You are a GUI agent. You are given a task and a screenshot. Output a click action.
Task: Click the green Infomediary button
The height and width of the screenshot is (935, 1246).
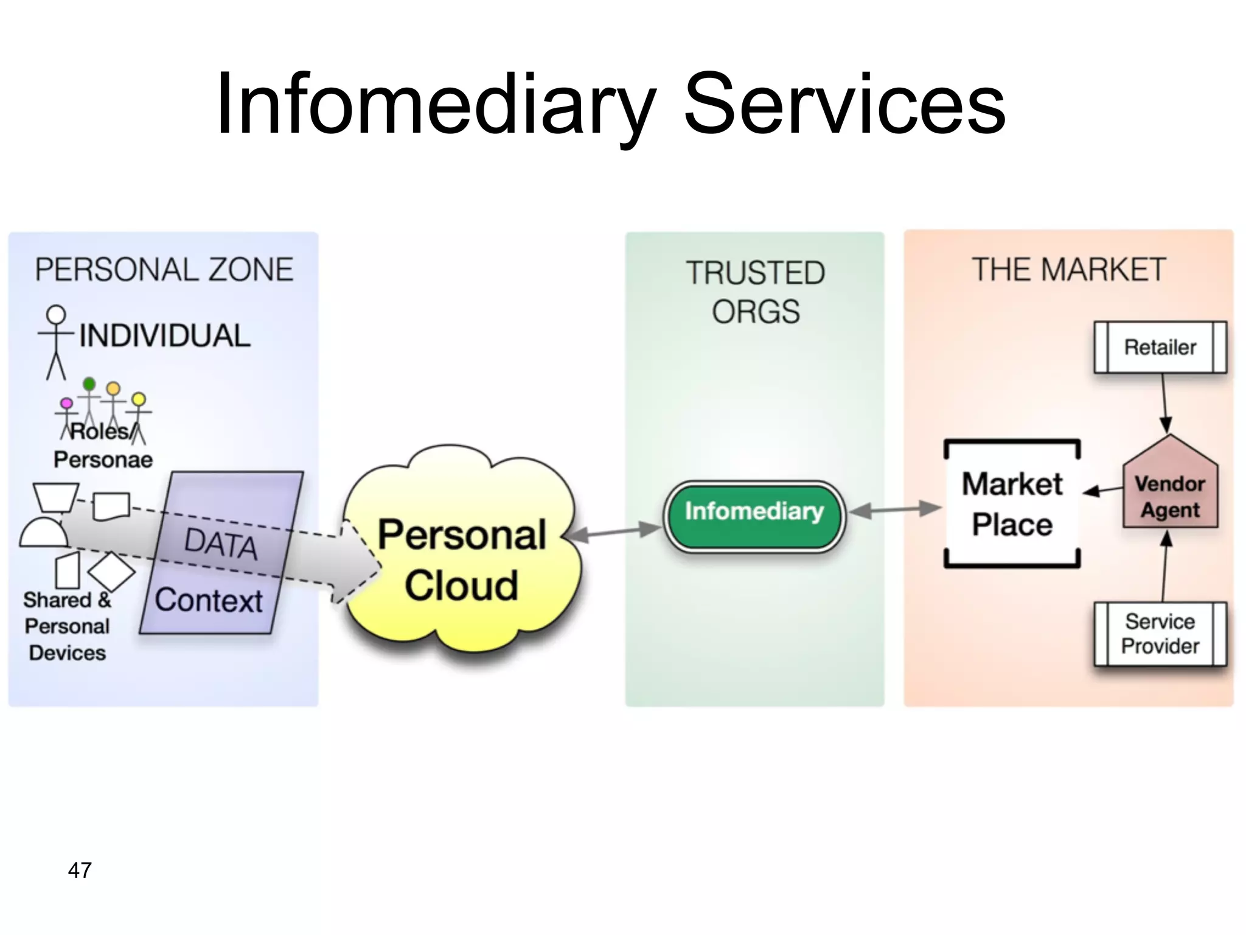tap(754, 516)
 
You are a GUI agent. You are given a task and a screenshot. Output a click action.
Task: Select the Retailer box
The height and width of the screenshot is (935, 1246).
tap(1160, 347)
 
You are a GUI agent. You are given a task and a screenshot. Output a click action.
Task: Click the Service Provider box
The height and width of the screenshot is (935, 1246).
tap(1160, 634)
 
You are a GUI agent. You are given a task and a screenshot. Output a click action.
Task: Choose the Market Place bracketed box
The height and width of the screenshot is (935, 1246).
tap(1012, 504)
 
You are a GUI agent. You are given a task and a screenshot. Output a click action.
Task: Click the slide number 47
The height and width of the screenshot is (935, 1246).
tap(80, 870)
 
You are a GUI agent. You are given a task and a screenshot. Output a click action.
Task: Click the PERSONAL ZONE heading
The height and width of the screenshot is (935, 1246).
tap(164, 270)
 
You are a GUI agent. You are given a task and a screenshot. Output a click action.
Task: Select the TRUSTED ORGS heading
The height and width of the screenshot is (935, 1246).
tap(755, 292)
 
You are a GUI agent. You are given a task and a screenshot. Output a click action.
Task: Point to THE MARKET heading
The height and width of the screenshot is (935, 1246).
tap(1069, 270)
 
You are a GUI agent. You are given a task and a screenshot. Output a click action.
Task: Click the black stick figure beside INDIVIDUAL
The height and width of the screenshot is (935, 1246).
tap(56, 341)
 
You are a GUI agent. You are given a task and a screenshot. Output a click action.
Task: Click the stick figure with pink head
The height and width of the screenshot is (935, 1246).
tap(66, 417)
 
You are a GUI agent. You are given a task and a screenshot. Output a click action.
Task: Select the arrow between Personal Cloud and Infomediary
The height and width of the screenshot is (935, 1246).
tap(614, 533)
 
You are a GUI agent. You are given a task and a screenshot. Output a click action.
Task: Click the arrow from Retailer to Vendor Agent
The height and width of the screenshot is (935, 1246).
tap(1164, 402)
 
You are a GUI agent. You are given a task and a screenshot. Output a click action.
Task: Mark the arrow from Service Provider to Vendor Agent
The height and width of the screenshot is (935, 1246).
tap(1164, 567)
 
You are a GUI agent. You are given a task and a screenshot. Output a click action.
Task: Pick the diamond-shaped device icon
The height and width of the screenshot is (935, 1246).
tap(111, 571)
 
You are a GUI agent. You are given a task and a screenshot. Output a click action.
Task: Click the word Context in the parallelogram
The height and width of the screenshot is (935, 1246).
tap(208, 600)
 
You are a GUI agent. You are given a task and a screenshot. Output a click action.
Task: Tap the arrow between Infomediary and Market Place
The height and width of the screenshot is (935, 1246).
tap(895, 510)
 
